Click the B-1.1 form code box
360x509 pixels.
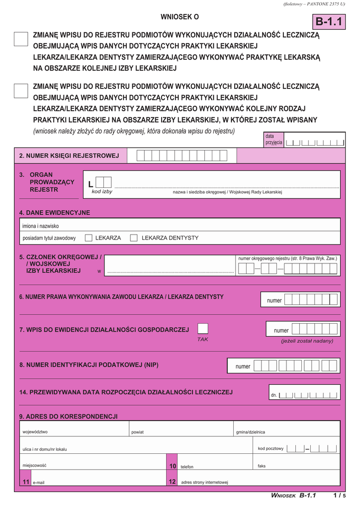(x=329, y=21)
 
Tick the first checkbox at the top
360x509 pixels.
(x=21, y=39)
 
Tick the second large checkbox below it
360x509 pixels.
(x=21, y=90)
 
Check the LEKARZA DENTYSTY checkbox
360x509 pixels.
(x=134, y=238)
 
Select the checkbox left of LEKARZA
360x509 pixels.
(x=89, y=238)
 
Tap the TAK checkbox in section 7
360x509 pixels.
(x=203, y=329)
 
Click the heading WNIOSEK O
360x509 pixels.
(x=180, y=17)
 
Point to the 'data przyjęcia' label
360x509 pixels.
(x=273, y=139)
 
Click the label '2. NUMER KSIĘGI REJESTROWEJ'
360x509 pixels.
(x=69, y=156)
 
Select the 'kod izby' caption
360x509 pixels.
(x=102, y=191)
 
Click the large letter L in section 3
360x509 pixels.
(x=90, y=184)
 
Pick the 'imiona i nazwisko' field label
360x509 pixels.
(x=40, y=226)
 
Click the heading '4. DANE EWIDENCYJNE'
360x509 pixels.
(x=55, y=212)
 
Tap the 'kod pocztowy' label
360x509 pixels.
(x=270, y=448)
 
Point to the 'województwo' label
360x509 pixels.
(x=35, y=431)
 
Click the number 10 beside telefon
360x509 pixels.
(x=173, y=466)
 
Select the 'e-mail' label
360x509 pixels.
(x=38, y=483)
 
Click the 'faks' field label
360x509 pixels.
(x=262, y=466)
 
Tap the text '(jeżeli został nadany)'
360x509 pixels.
(x=307, y=340)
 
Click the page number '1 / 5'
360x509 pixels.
(x=340, y=495)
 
